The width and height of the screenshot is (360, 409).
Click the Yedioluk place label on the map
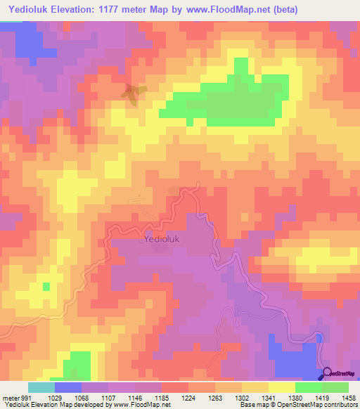pyautogui.click(x=163, y=239)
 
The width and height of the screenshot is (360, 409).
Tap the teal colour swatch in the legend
pyautogui.click(x=41, y=387)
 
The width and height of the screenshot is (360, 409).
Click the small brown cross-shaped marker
pyautogui.click(x=131, y=92)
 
